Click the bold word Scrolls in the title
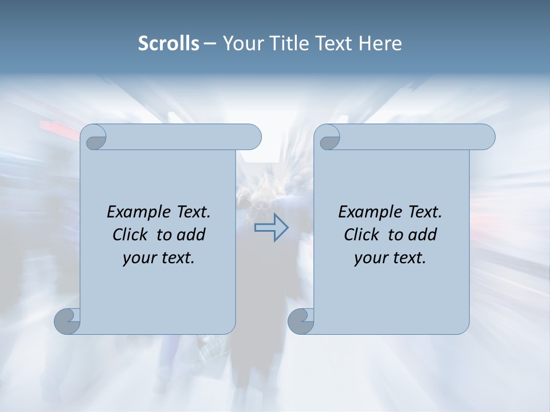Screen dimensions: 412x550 (x=168, y=43)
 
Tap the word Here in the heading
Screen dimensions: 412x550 (x=380, y=43)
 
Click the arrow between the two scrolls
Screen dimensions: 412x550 (x=271, y=228)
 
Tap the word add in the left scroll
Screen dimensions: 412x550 (x=190, y=235)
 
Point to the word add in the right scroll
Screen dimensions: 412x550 (x=422, y=235)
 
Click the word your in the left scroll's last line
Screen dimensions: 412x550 (x=138, y=259)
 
